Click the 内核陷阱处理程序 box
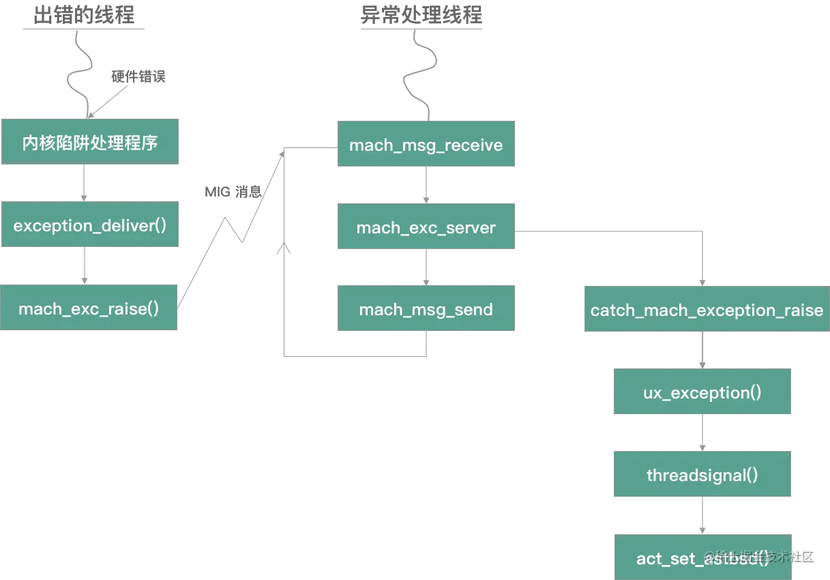tap(89, 143)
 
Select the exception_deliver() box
tap(89, 225)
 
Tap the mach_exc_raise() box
tap(89, 308)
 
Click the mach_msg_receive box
tap(426, 145)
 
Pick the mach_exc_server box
tap(426, 227)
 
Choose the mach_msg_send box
tap(426, 309)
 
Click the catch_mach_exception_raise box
tap(707, 310)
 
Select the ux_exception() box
tap(702, 392)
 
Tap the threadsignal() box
tap(702, 474)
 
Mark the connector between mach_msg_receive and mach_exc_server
tap(428, 186)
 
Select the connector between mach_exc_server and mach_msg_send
tap(428, 267)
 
